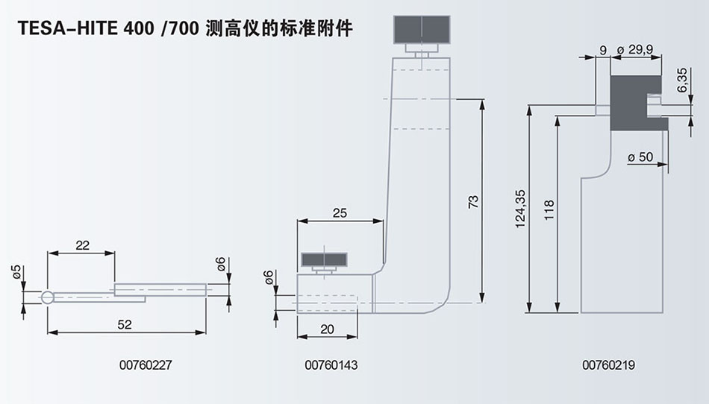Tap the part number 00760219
tap(604, 365)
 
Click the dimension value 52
tap(125, 324)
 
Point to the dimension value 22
tap(81, 244)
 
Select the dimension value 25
tap(340, 213)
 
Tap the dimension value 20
tap(326, 329)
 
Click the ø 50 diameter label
tap(640, 157)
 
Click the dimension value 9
tap(602, 51)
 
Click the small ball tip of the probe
tap(48, 298)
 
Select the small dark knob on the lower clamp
tap(325, 260)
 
